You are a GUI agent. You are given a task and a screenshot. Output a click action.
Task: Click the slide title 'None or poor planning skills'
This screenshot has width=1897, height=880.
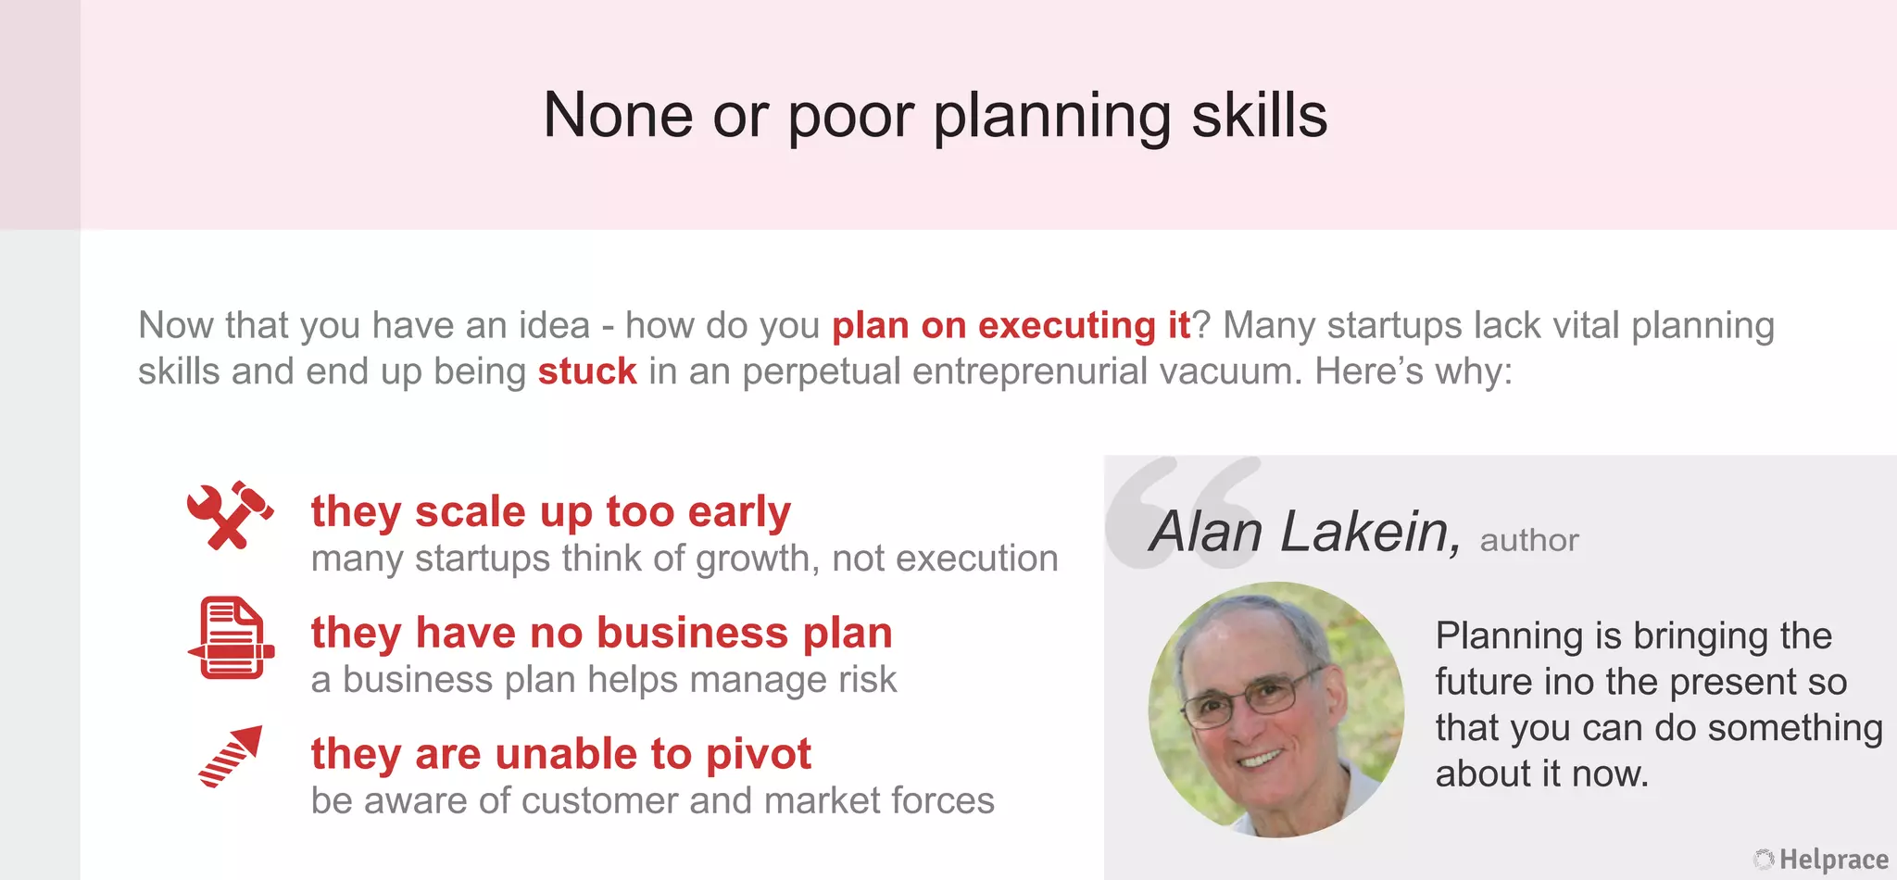[935, 116]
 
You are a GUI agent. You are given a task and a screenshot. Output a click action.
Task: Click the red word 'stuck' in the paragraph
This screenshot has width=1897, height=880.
[587, 371]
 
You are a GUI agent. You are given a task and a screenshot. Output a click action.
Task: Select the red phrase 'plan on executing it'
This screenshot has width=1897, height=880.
[1011, 325]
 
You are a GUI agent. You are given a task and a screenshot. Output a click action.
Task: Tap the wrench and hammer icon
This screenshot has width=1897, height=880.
[230, 515]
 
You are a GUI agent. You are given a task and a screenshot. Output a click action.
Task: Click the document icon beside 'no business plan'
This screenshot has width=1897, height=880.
[231, 637]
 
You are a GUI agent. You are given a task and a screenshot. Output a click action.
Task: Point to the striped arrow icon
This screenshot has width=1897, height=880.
[232, 756]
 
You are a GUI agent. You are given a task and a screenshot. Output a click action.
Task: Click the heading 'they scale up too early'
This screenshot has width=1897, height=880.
[551, 511]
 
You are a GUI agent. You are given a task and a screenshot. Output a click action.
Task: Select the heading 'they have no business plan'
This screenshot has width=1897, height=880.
[602, 633]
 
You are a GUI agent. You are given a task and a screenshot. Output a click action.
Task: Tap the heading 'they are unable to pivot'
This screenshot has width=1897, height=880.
[561, 754]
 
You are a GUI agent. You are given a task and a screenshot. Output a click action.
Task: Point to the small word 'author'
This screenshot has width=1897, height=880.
[1529, 540]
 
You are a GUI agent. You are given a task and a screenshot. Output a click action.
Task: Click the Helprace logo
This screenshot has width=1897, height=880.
[1821, 860]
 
